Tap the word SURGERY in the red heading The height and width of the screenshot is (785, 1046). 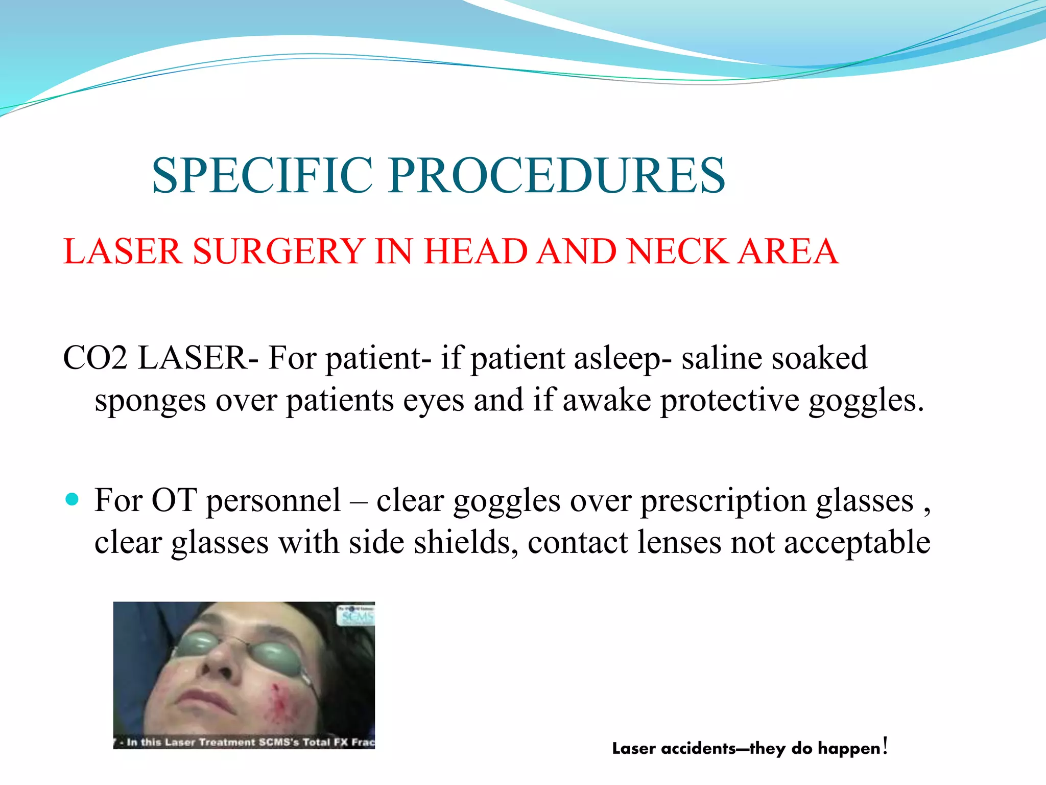point(278,251)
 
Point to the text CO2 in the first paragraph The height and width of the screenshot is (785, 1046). point(95,358)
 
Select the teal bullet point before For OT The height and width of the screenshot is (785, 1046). point(73,499)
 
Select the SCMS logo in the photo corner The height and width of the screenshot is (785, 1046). point(356,615)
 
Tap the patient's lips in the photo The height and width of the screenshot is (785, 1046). point(203,698)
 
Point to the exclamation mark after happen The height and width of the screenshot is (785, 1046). point(885,746)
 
